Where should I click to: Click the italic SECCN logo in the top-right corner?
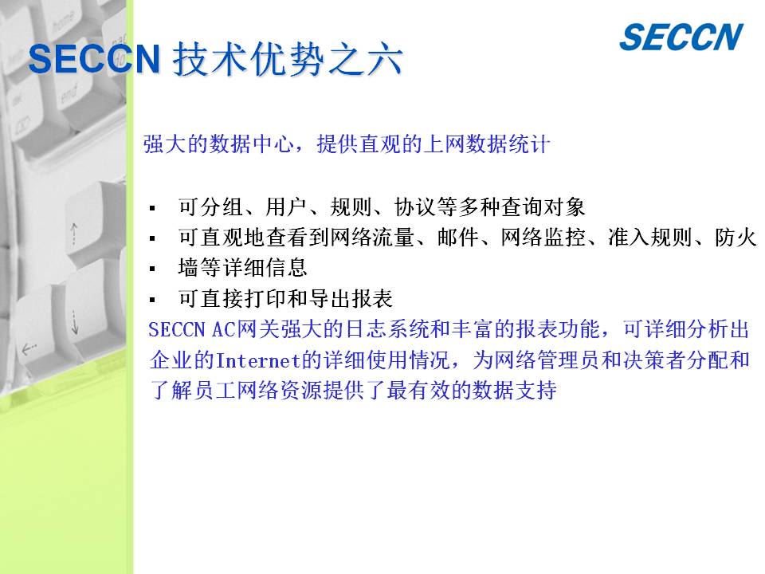click(x=681, y=37)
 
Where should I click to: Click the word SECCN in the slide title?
click(x=95, y=59)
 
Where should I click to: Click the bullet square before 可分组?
click(x=153, y=208)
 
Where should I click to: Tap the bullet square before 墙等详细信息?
click(x=153, y=269)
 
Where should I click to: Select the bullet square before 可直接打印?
click(x=153, y=300)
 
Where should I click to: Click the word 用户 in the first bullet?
click(x=286, y=207)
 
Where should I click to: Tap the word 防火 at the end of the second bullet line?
click(x=736, y=238)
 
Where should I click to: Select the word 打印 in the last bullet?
click(x=265, y=299)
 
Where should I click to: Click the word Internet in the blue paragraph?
click(x=258, y=360)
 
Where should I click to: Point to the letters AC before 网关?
click(x=223, y=330)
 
